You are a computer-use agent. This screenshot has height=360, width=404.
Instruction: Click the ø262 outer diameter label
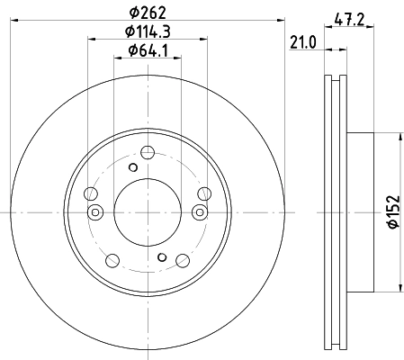[148, 13]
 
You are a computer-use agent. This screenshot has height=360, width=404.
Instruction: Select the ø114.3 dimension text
[148, 31]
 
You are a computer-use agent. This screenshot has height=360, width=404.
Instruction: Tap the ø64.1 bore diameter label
[148, 50]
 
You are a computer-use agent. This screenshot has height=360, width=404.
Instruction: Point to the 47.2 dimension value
[349, 21]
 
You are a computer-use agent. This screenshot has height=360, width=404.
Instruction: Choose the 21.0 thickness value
[303, 42]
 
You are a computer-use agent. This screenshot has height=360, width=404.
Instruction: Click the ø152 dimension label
[394, 211]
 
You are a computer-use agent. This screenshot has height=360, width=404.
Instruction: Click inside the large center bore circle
[148, 212]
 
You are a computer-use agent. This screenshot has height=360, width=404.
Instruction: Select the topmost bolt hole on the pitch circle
[148, 152]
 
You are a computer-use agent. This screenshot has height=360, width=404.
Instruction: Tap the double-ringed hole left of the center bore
[95, 212]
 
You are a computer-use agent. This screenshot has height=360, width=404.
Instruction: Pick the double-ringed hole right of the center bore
[200, 212]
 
